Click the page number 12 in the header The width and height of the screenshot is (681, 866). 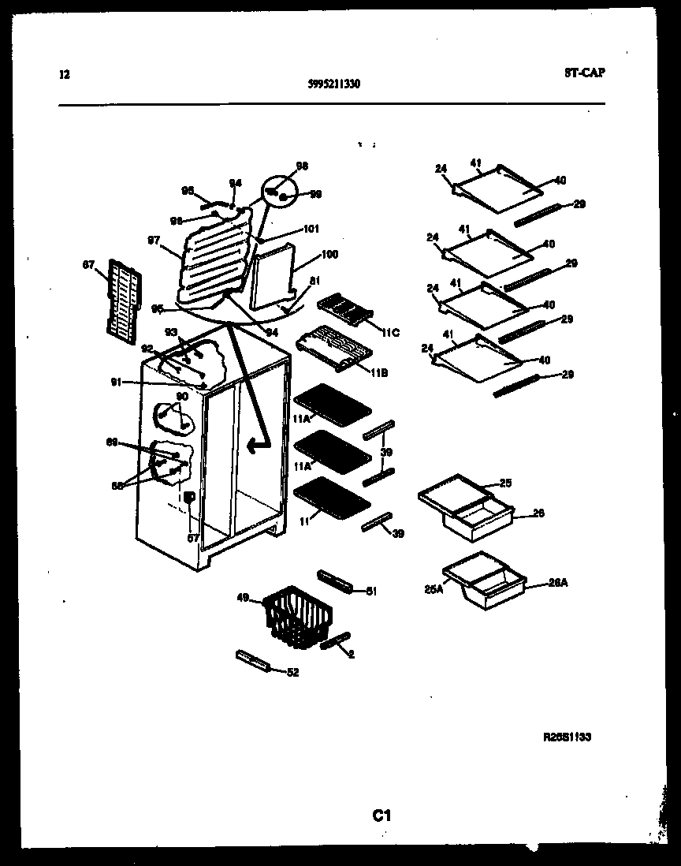pyautogui.click(x=65, y=76)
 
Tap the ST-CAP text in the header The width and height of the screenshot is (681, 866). pyautogui.click(x=585, y=73)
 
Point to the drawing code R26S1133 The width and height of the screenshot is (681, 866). pyautogui.click(x=567, y=737)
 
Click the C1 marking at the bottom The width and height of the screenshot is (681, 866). pyautogui.click(x=382, y=816)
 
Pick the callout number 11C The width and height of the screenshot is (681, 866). pyautogui.click(x=389, y=333)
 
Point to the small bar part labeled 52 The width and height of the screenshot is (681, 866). pyautogui.click(x=252, y=661)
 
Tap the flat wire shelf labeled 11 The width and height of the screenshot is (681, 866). pyautogui.click(x=331, y=502)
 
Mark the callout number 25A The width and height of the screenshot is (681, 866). pyautogui.click(x=432, y=588)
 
